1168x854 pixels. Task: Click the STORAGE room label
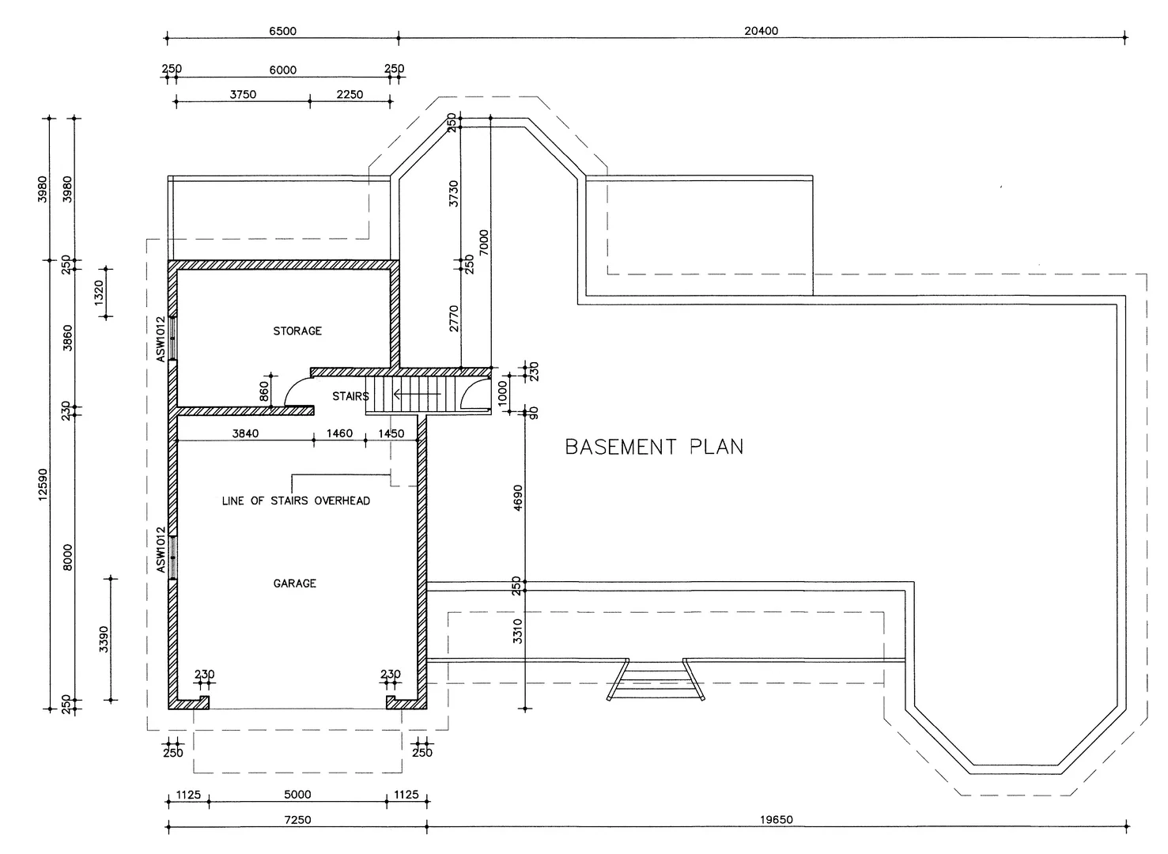(297, 331)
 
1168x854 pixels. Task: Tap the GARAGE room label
(294, 583)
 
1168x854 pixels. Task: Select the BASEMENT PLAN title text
(654, 447)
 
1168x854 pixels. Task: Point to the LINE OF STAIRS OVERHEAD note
(296, 501)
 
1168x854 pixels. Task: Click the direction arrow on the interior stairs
(417, 393)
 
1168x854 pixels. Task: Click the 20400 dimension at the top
(761, 31)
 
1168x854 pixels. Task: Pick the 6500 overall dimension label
(282, 31)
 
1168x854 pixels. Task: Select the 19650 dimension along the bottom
(776, 820)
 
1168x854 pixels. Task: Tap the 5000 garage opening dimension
(297, 794)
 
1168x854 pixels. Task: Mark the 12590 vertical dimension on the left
(43, 484)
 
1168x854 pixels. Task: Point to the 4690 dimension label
(518, 498)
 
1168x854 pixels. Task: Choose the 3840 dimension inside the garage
(246, 433)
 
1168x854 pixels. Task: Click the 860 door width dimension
(264, 391)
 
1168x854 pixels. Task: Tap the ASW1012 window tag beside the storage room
(161, 339)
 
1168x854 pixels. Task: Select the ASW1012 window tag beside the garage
(161, 549)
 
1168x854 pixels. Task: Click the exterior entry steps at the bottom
(655, 680)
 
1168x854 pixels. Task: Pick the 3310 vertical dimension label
(518, 630)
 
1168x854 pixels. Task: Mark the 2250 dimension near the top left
(350, 94)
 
